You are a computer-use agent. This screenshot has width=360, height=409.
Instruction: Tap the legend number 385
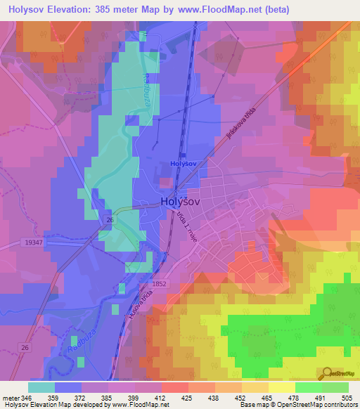point(108,398)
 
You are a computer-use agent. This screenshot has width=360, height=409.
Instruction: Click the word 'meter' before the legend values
point(10,398)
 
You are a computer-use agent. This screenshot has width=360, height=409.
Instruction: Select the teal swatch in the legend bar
point(41,387)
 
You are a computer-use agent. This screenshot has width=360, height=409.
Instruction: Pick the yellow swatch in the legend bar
point(281,387)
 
